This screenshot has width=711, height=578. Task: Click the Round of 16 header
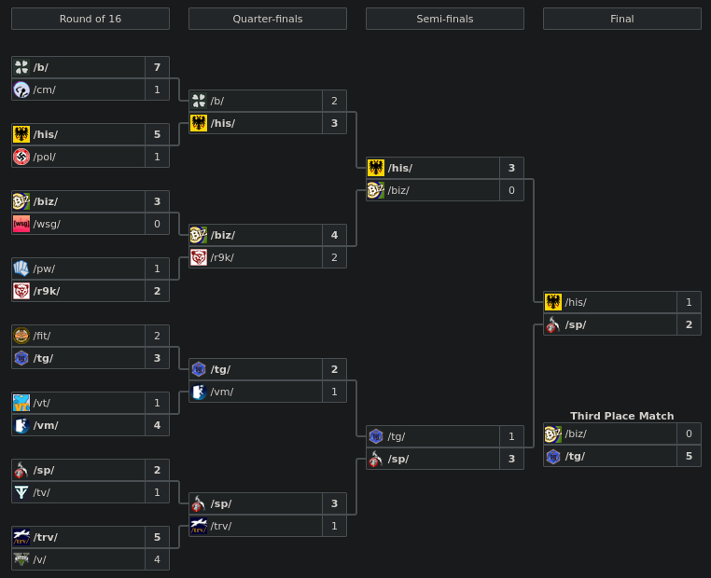click(x=91, y=19)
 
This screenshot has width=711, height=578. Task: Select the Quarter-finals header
click(x=268, y=19)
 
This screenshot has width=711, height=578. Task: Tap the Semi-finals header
click(x=445, y=19)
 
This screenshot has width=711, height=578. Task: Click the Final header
click(x=622, y=19)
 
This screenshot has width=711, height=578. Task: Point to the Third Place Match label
click(x=622, y=416)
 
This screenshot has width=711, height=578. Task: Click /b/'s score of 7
click(x=157, y=67)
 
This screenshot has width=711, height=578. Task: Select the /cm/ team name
click(x=45, y=89)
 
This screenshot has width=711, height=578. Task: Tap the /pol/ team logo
click(x=21, y=157)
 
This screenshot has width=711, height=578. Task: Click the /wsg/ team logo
click(x=21, y=224)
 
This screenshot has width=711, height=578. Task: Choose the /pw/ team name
click(x=45, y=268)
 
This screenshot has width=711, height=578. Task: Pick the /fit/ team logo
click(x=21, y=336)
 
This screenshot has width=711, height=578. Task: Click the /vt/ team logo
click(x=21, y=403)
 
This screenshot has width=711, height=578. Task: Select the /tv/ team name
click(x=42, y=492)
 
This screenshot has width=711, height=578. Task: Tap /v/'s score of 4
click(x=157, y=559)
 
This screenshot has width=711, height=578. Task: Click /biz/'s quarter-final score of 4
click(x=334, y=235)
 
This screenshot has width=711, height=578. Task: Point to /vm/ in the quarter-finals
click(x=222, y=392)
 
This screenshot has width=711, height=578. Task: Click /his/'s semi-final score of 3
click(x=511, y=168)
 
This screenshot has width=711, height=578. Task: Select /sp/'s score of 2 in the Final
click(x=689, y=324)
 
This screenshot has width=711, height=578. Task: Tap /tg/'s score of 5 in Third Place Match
click(x=689, y=456)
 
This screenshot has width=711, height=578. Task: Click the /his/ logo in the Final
click(x=553, y=302)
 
